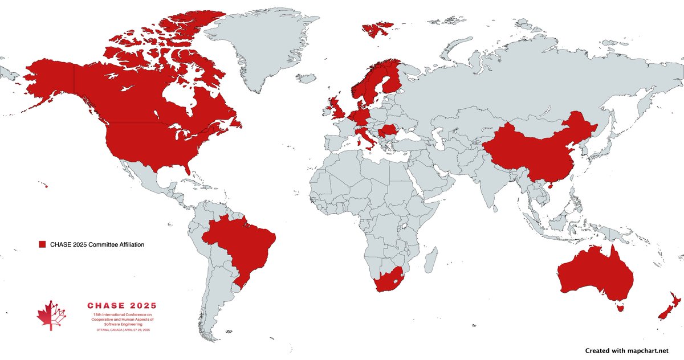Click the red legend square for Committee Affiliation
(x=42, y=244)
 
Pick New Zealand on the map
(x=667, y=308)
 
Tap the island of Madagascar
(x=431, y=259)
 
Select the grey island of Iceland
(x=307, y=77)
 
